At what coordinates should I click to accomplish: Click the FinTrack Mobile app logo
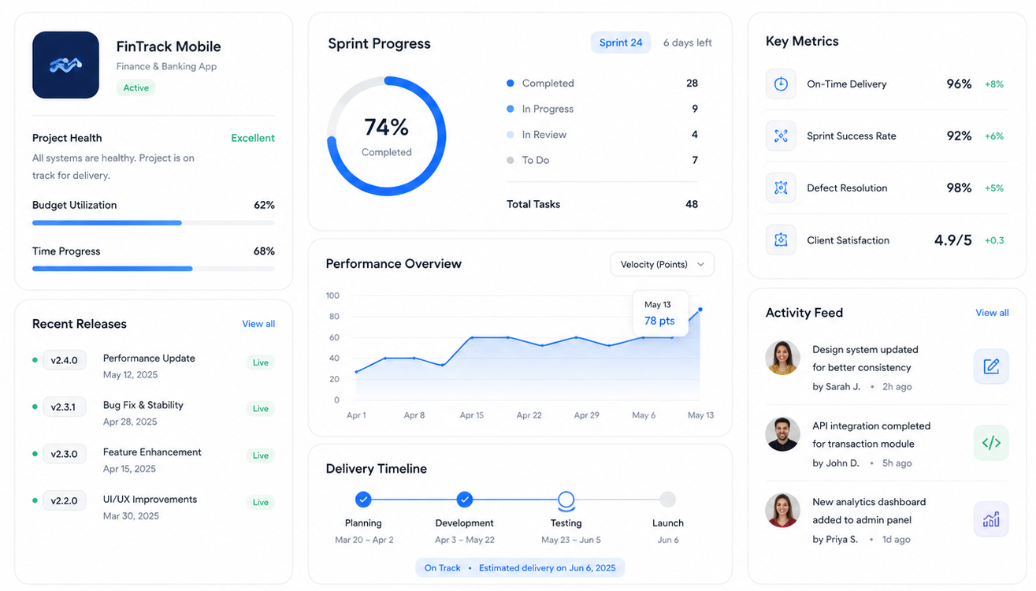65,65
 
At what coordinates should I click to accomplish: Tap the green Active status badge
136,88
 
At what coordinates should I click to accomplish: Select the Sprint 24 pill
621,43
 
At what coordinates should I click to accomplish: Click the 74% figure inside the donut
386,127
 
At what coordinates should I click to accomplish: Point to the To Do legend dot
511,160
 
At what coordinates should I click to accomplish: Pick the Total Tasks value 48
692,204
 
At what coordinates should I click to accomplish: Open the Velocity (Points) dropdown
663,264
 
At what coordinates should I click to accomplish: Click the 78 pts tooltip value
659,321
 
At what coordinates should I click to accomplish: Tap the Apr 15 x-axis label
471,414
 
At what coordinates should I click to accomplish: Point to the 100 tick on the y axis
332,295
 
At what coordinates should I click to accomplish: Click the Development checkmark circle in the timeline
464,500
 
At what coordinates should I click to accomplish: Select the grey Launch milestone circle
667,500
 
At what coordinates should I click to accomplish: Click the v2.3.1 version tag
63,407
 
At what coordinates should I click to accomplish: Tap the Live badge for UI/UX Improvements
261,502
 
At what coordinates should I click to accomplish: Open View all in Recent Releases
258,324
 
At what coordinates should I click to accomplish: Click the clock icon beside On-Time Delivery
781,84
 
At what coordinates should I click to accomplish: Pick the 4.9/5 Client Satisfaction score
952,240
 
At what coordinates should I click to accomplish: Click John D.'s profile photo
782,434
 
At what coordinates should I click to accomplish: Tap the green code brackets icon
991,443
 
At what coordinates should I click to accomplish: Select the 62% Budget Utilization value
264,205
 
